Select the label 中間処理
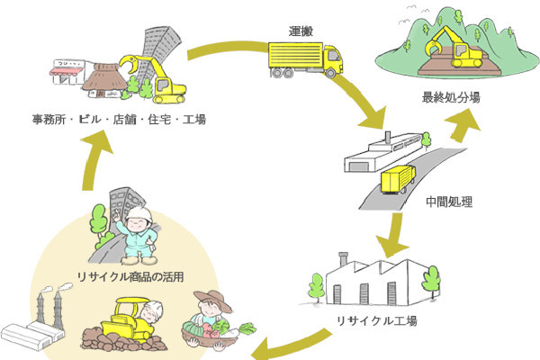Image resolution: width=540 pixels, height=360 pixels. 449,200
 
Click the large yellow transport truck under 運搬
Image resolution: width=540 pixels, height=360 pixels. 306,61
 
